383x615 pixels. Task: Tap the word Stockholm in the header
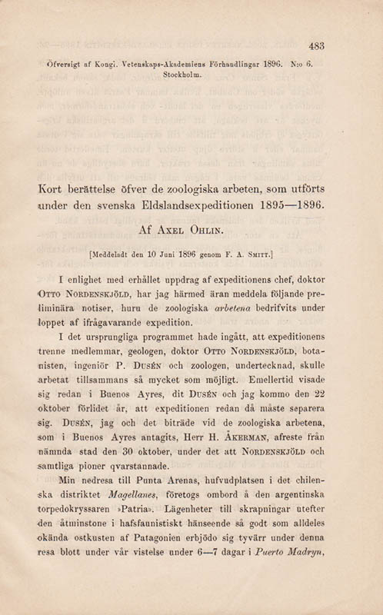point(185,75)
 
